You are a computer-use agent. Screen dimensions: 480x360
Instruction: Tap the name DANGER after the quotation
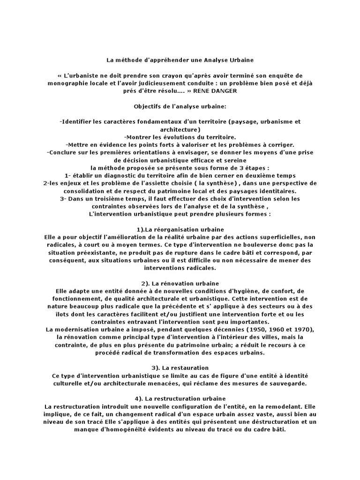click(226, 90)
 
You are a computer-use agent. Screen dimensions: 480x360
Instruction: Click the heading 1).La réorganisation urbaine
click(180, 229)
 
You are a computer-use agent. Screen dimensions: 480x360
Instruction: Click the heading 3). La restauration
click(180, 367)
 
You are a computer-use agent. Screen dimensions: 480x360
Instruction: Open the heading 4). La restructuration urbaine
click(180, 398)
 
